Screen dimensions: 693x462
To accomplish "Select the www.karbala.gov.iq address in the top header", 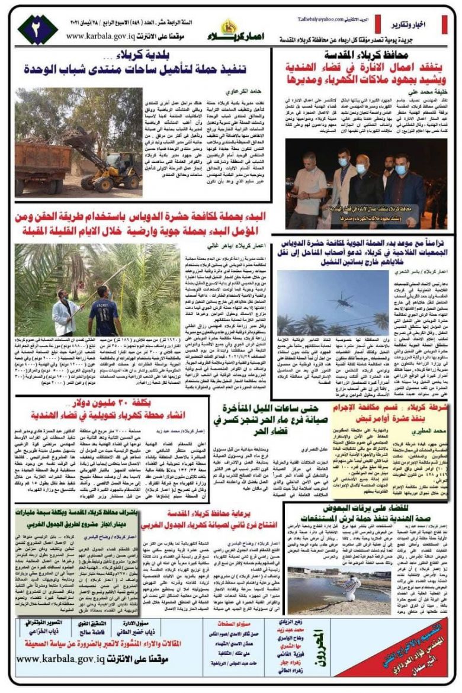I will (104, 36).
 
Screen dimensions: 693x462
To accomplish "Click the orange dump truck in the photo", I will (41, 166).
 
